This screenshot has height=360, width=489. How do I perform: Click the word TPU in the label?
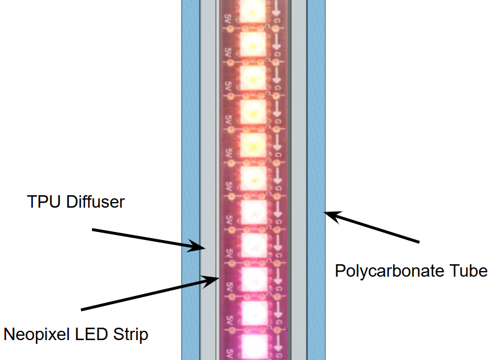[43, 201]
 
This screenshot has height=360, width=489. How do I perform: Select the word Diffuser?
[96, 201]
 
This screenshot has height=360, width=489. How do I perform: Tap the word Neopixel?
[37, 335]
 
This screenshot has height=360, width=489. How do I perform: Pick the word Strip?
[130, 335]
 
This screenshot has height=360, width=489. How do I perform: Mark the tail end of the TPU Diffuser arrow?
[93, 230]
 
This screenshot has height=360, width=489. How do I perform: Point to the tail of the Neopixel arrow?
[81, 310]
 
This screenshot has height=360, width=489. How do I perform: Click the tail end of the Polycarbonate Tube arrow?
[419, 241]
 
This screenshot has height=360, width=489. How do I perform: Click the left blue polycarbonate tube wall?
[191, 180]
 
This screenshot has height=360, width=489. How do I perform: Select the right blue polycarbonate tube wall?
[316, 180]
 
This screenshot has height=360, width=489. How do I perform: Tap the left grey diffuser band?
[208, 180]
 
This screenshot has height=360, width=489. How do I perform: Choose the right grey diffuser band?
[299, 180]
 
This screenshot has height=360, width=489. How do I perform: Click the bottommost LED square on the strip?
[255, 346]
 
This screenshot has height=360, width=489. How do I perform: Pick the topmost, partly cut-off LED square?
[253, 11]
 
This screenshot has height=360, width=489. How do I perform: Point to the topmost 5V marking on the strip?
[227, 20]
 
